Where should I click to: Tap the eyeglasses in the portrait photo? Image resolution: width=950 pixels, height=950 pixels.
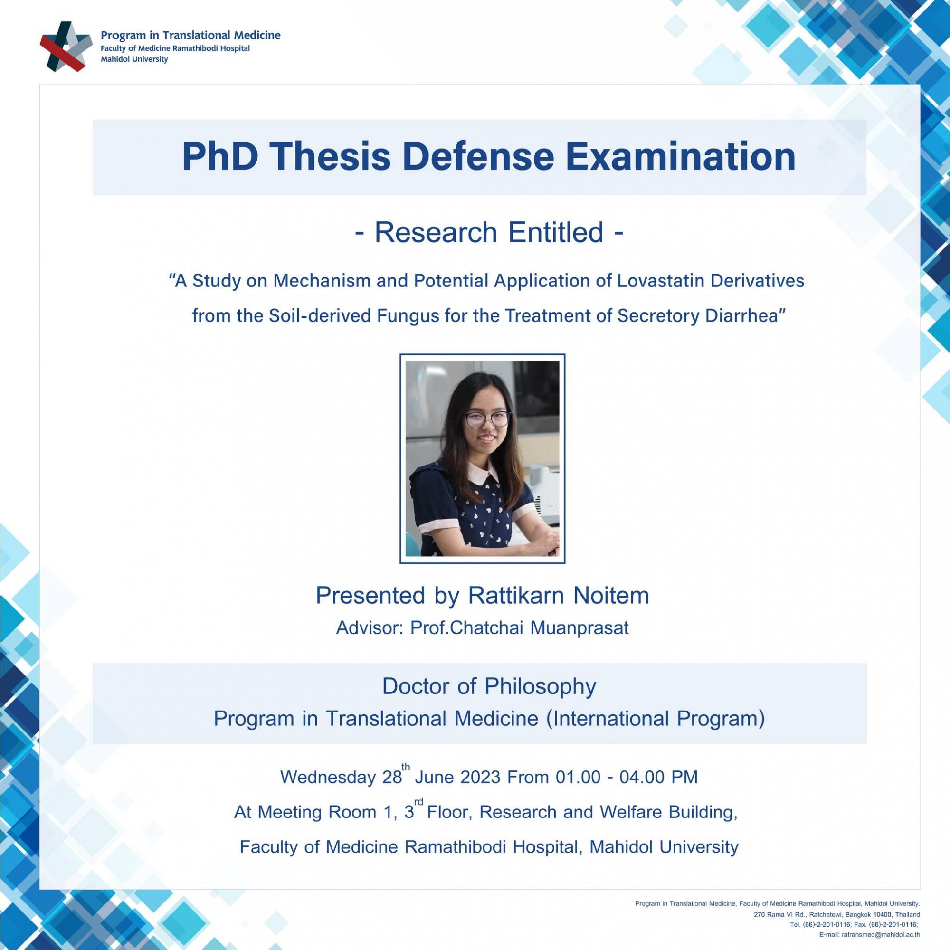(487, 418)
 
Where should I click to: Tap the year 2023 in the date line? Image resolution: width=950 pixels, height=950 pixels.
(481, 778)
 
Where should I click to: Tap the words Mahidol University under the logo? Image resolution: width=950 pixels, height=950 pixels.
(134, 59)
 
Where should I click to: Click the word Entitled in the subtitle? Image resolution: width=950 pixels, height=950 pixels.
(556, 232)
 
